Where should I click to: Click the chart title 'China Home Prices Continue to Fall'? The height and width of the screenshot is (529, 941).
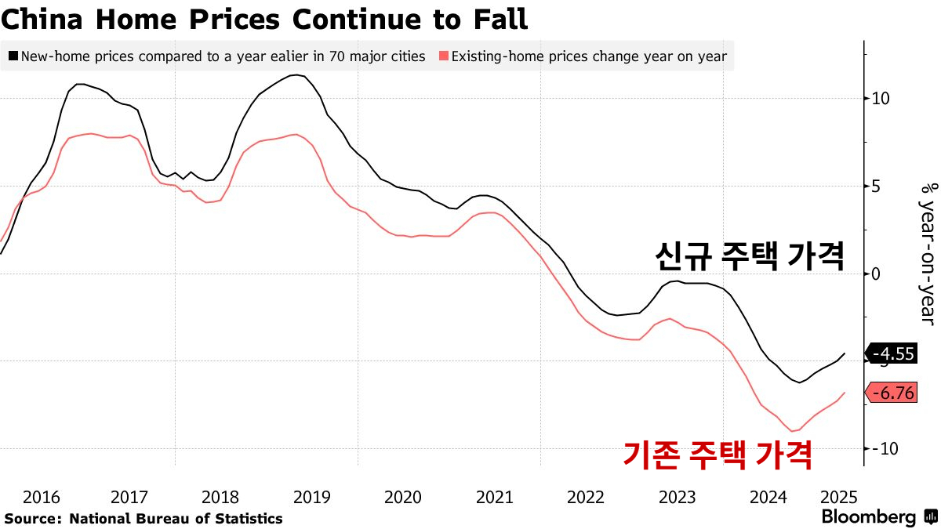coord(264,19)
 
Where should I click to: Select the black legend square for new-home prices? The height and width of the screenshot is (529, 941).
coord(13,56)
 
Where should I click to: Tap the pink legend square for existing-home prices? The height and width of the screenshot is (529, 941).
coord(444,56)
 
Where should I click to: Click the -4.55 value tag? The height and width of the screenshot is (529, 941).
coord(892,354)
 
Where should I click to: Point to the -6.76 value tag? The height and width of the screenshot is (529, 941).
coord(892,393)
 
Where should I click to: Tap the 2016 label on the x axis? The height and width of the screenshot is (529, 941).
coord(42,497)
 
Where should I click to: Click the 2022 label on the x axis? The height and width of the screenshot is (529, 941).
coord(585,497)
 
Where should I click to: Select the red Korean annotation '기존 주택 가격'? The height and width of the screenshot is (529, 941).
coord(717,454)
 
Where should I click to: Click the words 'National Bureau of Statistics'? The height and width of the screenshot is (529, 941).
coord(176,519)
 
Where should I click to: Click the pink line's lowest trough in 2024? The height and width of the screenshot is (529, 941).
coord(793,431)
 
